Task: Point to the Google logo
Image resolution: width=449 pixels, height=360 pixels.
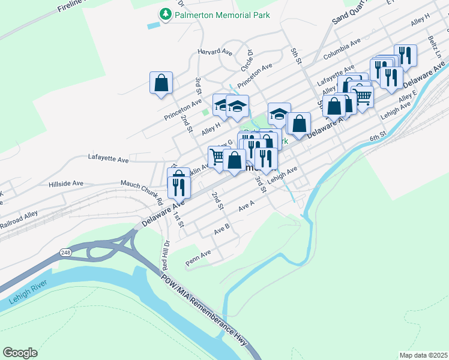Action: pyautogui.click(x=20, y=353)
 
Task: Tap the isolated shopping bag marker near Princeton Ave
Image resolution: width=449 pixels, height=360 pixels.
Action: pyautogui.click(x=161, y=83)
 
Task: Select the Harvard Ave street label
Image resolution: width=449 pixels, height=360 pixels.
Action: pyautogui.click(x=214, y=52)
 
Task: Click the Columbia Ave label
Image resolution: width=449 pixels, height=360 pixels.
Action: pyautogui.click(x=341, y=49)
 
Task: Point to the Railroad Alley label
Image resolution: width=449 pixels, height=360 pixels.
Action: pyautogui.click(x=19, y=223)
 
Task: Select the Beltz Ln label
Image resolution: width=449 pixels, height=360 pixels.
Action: pyautogui.click(x=435, y=46)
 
